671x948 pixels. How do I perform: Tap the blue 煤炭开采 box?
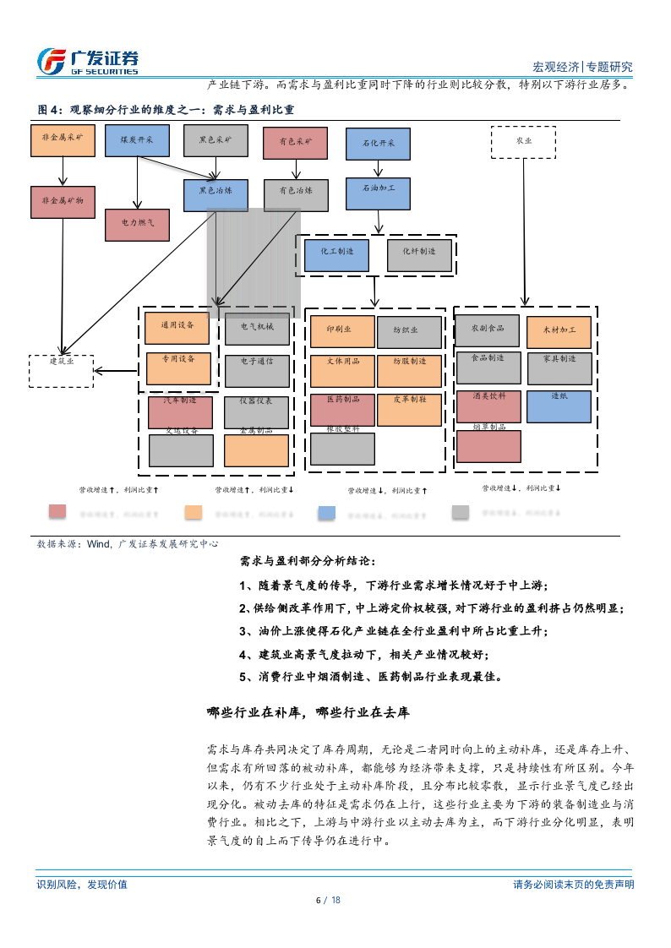click(137, 140)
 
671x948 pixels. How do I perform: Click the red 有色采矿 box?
click(295, 143)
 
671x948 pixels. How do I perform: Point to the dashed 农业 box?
click(523, 142)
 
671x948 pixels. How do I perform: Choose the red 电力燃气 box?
click(136, 225)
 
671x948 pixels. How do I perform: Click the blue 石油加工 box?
click(377, 193)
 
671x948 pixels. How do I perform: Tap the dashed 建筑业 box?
click(62, 370)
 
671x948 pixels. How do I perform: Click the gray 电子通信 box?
click(256, 370)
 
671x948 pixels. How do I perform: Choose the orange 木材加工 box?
click(558, 332)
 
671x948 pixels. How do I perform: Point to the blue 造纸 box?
click(559, 406)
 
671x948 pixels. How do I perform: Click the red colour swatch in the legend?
click(57, 511)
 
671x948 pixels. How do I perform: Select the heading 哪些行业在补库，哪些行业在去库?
click(308, 713)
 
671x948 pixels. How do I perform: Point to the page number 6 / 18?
click(328, 900)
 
